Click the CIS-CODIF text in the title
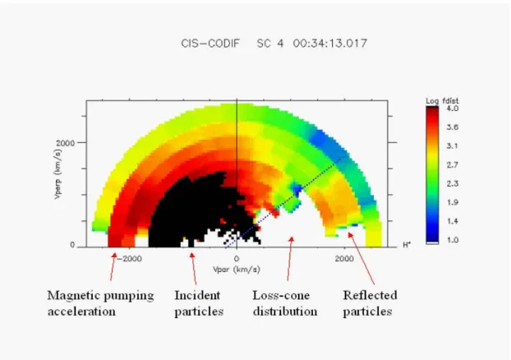click(x=210, y=44)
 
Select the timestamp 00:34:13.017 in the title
click(x=329, y=44)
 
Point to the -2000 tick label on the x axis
click(x=129, y=259)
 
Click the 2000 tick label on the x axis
click(x=344, y=259)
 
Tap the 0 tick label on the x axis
click(x=237, y=259)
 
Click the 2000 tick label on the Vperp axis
click(x=65, y=143)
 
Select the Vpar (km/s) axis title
click(x=237, y=270)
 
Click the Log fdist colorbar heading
click(x=442, y=101)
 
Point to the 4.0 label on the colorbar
click(x=453, y=108)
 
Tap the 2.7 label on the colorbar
click(x=453, y=165)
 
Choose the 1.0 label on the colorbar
click(x=453, y=240)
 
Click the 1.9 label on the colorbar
click(x=453, y=202)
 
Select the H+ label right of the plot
click(x=407, y=245)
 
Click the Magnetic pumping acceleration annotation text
click(x=100, y=303)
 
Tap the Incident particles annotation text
click(x=199, y=303)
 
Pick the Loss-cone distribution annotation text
click(x=285, y=303)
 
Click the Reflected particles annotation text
click(x=370, y=303)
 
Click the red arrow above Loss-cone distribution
click(x=290, y=259)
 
